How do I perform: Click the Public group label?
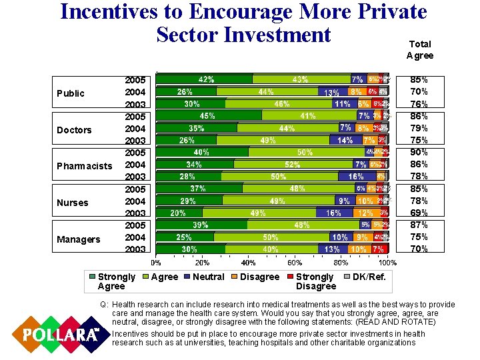tap(71, 93)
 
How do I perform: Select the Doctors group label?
tap(74, 130)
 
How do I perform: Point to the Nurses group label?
tap(73, 203)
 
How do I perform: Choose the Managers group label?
tap(78, 239)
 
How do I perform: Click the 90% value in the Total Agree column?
tap(419, 153)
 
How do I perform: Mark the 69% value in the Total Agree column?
tap(419, 213)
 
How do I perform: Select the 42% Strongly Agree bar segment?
tap(205, 79)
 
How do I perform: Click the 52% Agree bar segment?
tap(292, 165)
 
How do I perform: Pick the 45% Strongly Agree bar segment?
tap(208, 115)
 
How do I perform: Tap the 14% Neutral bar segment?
tap(345, 140)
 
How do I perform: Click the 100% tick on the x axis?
tap(389, 263)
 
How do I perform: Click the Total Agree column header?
tap(420, 49)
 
